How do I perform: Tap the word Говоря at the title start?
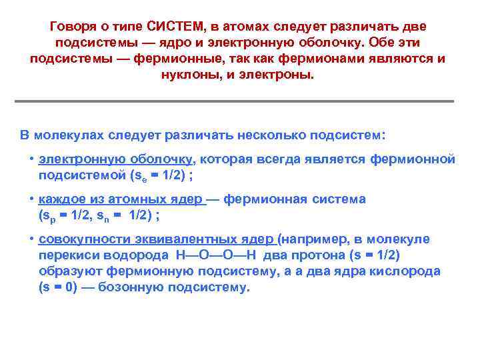coord(73,26)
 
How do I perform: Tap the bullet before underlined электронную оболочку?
coord(31,160)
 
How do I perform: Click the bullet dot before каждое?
coord(31,200)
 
